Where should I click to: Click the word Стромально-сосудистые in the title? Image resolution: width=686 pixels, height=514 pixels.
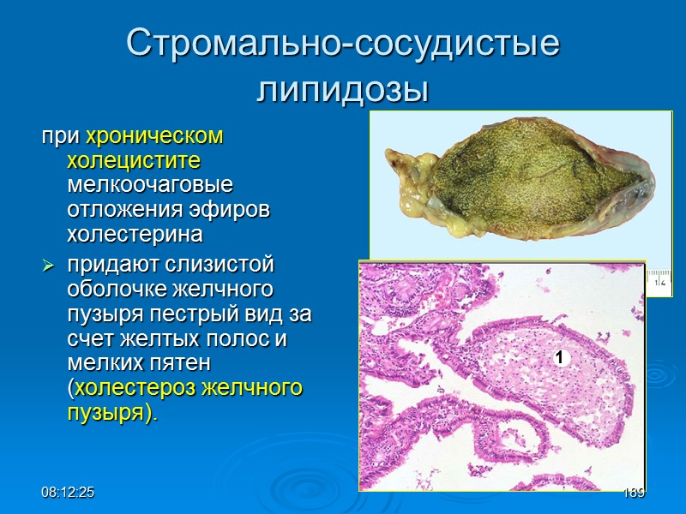343,43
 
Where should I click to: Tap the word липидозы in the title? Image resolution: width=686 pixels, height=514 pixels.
343,88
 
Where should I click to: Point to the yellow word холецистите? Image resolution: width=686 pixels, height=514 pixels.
134,160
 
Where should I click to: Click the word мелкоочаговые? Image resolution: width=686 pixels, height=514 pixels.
149,184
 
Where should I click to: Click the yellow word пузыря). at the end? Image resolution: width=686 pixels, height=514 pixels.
112,412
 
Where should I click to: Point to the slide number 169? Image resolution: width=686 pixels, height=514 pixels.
634,494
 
